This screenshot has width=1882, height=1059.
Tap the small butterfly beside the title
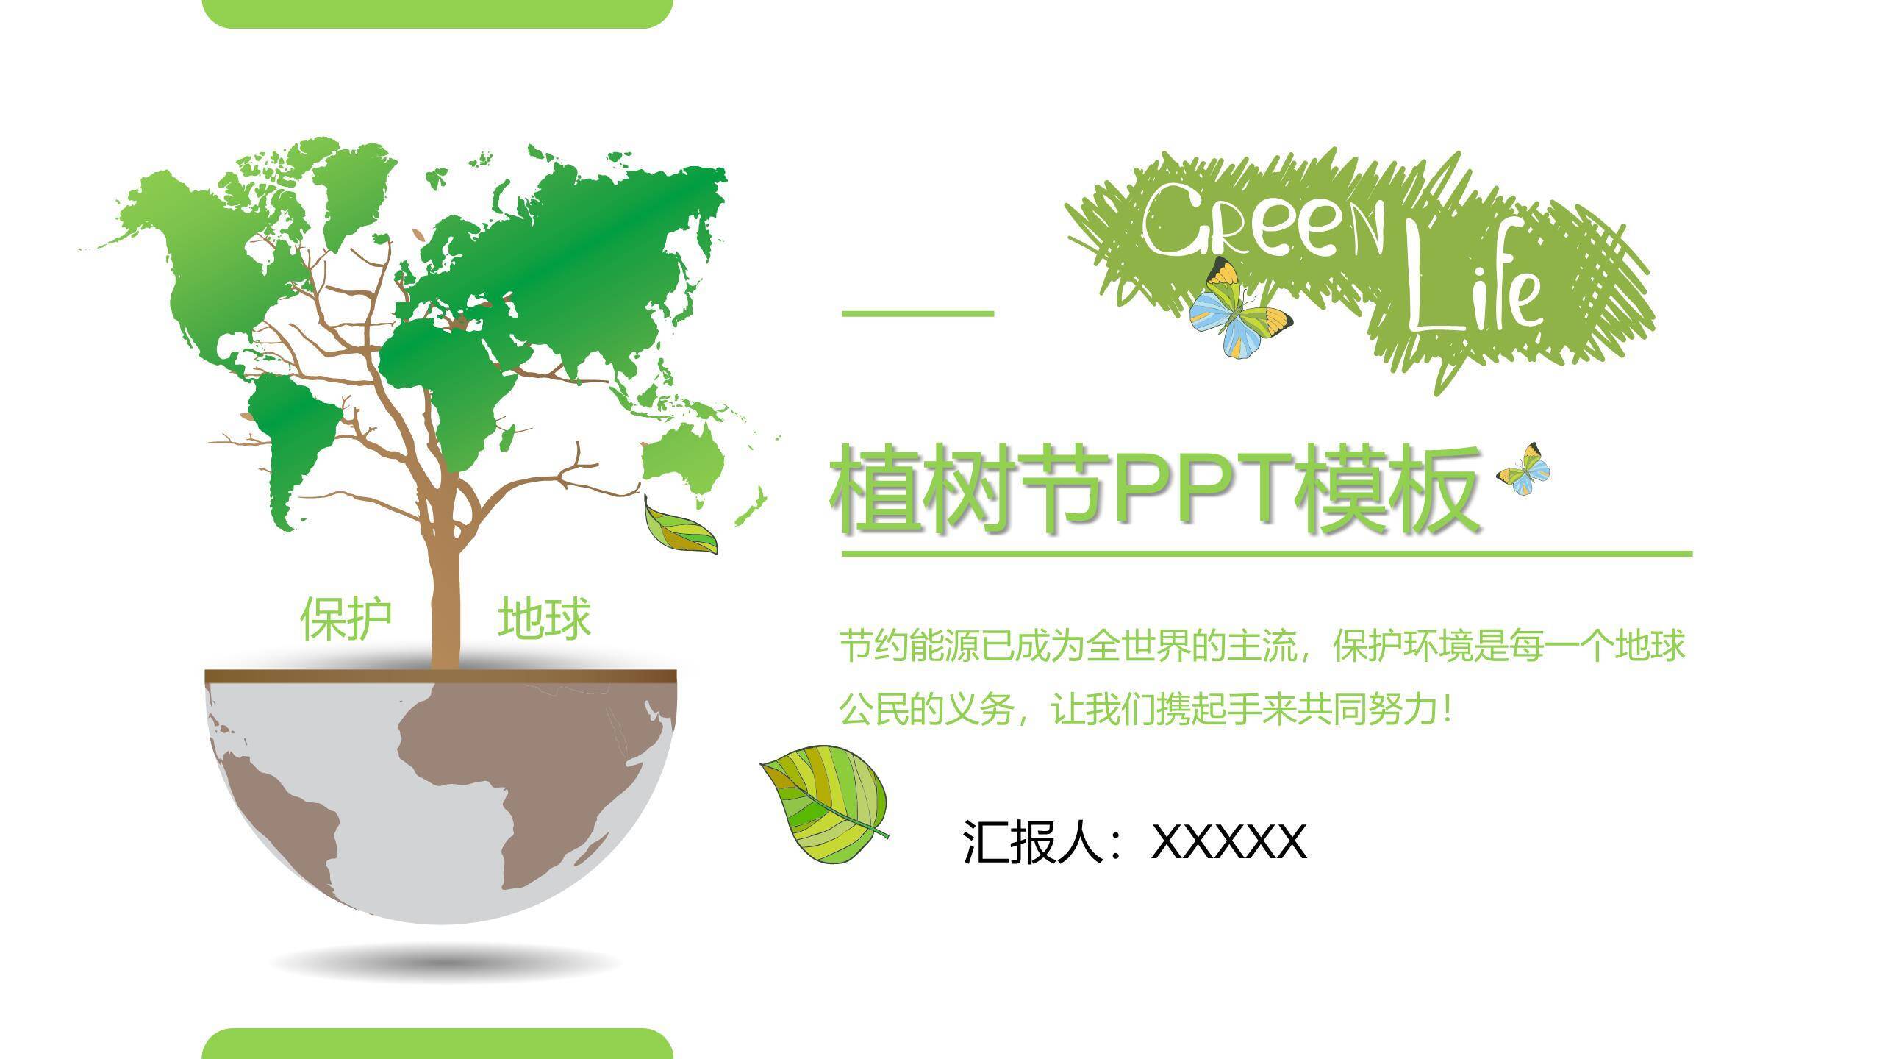[1524, 469]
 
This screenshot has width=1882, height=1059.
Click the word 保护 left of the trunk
[346, 619]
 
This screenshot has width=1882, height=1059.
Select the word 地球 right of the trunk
[544, 619]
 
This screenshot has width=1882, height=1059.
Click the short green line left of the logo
[917, 313]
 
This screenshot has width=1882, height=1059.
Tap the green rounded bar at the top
[437, 13]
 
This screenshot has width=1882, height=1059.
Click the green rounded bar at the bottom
[437, 1044]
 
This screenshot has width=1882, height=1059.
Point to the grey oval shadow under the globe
[445, 963]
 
